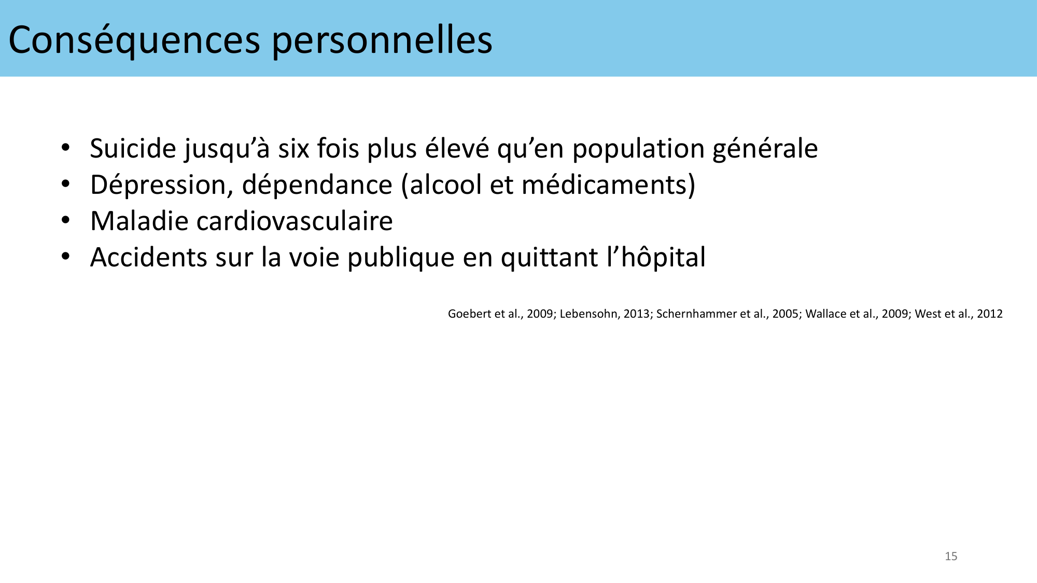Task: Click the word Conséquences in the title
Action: click(x=134, y=40)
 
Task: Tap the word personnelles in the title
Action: click(x=382, y=40)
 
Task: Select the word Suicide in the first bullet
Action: click(x=133, y=148)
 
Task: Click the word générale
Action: click(x=765, y=149)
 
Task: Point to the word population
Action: click(x=638, y=149)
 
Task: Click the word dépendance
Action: click(x=317, y=186)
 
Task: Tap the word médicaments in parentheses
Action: click(x=603, y=185)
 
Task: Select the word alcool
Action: click(x=445, y=185)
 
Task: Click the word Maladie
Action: click(x=139, y=221)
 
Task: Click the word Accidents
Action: click(x=148, y=258)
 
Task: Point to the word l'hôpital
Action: click(x=656, y=258)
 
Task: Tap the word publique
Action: click(x=401, y=258)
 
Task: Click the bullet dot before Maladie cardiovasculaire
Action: click(x=65, y=221)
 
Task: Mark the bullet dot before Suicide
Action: click(x=65, y=148)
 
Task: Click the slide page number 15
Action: click(x=951, y=556)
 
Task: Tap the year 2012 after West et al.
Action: click(x=990, y=314)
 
